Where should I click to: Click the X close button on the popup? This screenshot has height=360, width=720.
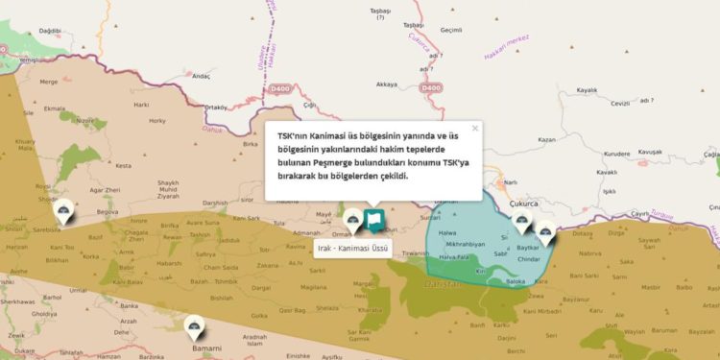coord(474,128)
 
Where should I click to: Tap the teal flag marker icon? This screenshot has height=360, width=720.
coord(373,223)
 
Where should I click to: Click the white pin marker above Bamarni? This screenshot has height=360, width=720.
coord(197,328)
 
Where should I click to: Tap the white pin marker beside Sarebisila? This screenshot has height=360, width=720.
coord(64,213)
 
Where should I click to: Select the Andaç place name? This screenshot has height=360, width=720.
coord(201,76)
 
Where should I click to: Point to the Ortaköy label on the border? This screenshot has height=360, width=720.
coord(216,107)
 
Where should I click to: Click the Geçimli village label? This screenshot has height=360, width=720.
coord(451,31)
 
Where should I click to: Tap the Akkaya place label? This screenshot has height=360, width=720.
coord(387,84)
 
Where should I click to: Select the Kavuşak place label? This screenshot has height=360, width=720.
coord(651,152)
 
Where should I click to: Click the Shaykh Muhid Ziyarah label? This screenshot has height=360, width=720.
coord(169,188)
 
